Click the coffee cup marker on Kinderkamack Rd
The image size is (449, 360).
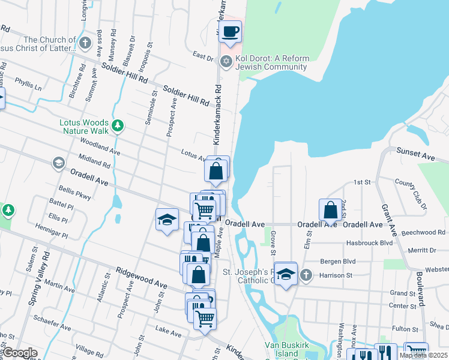230,32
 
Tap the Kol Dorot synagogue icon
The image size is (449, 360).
226,60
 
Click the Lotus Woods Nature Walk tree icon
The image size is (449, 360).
119,125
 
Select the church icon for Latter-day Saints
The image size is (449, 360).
85,43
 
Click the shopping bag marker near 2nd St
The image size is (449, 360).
330,210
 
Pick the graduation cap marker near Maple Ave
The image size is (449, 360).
167,220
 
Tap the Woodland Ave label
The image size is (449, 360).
100,147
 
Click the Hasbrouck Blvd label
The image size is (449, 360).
369,243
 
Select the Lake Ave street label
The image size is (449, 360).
167,332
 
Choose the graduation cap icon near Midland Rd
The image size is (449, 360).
58,162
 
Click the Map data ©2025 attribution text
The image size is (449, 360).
423,355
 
